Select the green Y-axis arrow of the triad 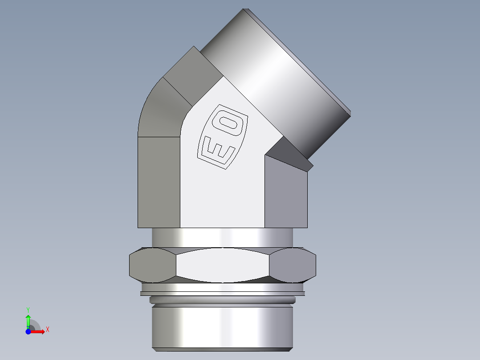[28, 320]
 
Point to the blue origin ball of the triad [28, 331]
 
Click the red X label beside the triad [48, 330]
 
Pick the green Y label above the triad [28, 309]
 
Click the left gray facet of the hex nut [151, 266]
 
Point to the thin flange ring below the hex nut [223, 293]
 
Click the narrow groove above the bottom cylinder [223, 299]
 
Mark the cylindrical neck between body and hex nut [223, 237]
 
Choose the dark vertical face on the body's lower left [159, 183]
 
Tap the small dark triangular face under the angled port [289, 154]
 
